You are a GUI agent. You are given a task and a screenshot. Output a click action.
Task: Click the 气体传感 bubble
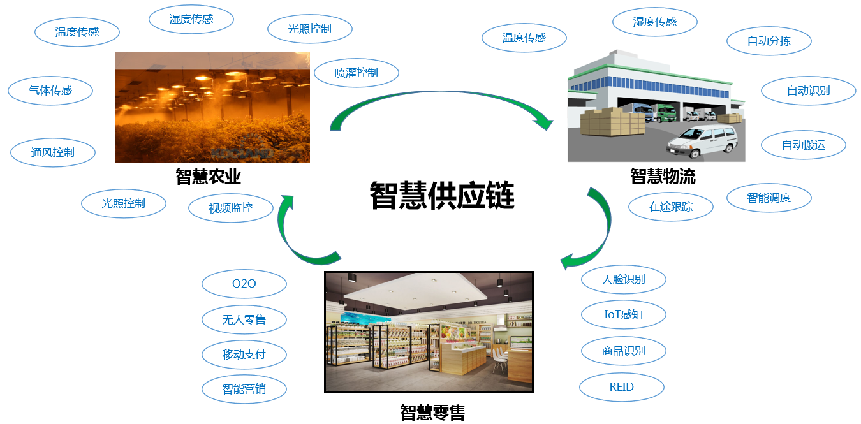[x=50, y=91]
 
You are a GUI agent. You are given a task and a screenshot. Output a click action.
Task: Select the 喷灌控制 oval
[x=357, y=73]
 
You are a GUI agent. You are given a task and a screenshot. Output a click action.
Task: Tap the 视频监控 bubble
[x=231, y=208]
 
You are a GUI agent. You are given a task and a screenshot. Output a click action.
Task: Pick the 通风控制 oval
[x=53, y=152]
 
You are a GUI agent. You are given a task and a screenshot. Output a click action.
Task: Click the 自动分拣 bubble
[x=769, y=41]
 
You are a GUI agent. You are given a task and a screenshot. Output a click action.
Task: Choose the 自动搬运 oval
[x=804, y=145]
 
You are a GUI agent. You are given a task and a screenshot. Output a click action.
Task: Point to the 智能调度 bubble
[x=769, y=198]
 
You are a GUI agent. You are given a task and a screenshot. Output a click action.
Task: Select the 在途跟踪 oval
[x=671, y=207]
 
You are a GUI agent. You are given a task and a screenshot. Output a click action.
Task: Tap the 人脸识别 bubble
[x=623, y=279]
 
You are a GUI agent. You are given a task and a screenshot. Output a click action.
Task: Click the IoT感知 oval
[x=623, y=314]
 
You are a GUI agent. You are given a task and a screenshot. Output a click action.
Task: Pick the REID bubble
[x=621, y=386]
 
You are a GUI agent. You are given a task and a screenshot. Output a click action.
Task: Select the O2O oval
[x=244, y=284]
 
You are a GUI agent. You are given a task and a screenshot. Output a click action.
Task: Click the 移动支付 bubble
[x=244, y=355]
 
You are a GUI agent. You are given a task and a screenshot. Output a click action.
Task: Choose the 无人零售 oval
[x=244, y=319]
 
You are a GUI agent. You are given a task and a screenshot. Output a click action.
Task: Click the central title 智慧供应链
[x=442, y=195]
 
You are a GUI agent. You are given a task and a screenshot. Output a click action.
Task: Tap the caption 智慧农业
[x=209, y=176]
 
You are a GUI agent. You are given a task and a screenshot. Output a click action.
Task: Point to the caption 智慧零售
[x=432, y=412]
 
